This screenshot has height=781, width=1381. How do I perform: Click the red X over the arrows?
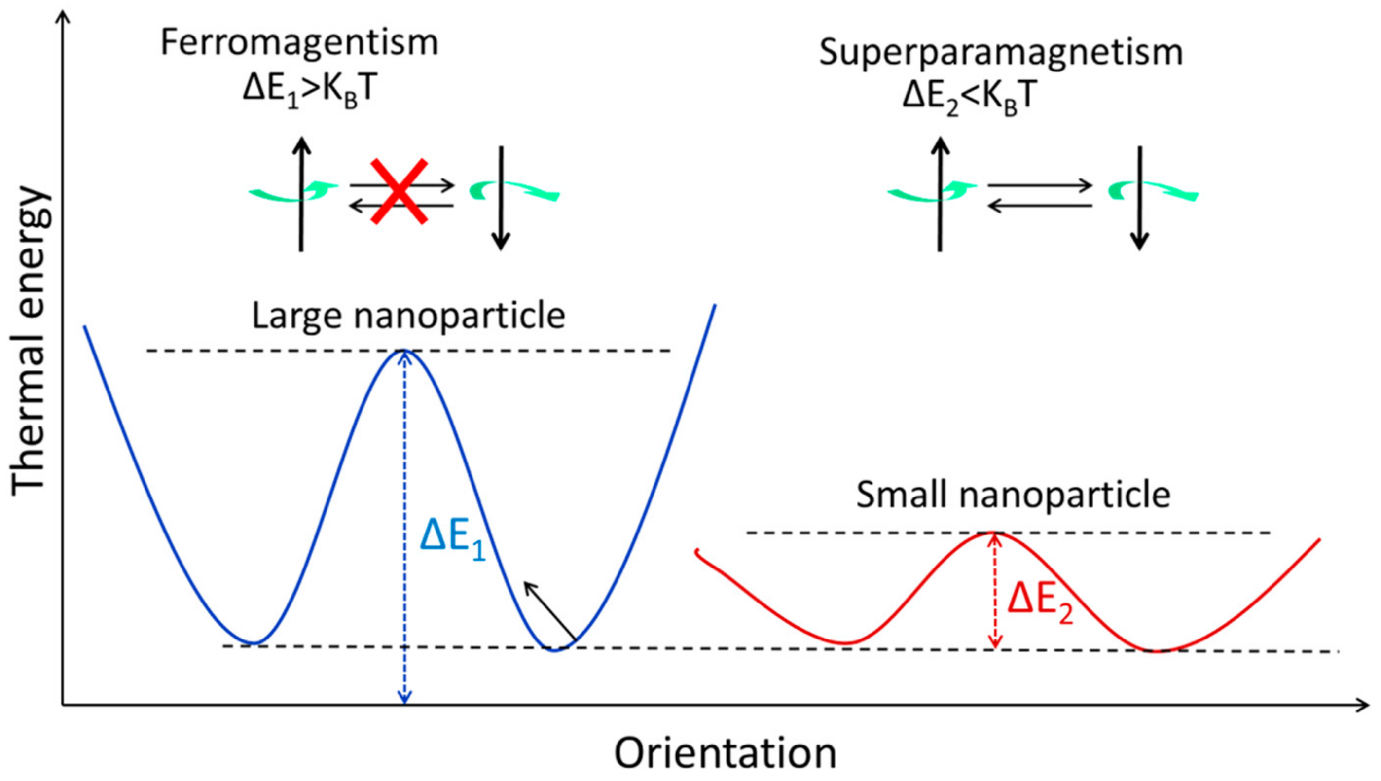coord(399,191)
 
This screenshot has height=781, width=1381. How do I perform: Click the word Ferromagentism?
coord(299,43)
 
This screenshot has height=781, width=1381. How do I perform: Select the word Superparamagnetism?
coord(1001,53)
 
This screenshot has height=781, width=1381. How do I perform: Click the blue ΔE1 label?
coord(452,537)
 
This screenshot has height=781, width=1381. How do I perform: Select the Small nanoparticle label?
coord(1013,494)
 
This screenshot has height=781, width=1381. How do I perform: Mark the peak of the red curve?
coord(994,532)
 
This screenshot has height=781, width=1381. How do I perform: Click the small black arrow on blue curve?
coord(549,611)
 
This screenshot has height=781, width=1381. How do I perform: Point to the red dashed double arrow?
coord(995,591)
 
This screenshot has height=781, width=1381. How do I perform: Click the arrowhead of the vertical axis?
coord(63,17)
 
